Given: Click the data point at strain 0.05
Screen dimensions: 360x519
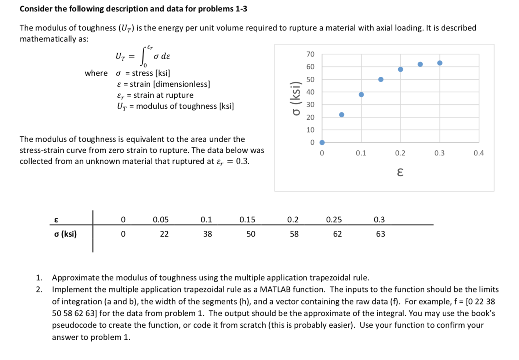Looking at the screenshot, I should [x=342, y=115].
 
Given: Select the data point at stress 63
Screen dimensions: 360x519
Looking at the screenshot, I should [x=440, y=63].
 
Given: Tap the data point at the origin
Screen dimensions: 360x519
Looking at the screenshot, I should [x=322, y=143].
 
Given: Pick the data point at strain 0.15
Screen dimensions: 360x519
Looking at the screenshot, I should [x=381, y=80].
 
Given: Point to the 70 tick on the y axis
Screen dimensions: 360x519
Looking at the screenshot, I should [x=311, y=54].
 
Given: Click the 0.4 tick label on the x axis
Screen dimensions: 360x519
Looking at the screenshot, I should [x=479, y=153].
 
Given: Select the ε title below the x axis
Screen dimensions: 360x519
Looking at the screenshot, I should [x=400, y=172].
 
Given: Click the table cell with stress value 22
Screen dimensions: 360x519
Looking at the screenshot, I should [x=164, y=234].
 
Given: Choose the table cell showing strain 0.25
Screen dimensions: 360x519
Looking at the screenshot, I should [x=334, y=220].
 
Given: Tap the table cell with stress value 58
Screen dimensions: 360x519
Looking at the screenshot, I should [x=294, y=234].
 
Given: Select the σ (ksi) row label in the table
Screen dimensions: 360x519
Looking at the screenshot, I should [x=65, y=234].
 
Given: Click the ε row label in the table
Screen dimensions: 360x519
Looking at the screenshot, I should [x=56, y=220].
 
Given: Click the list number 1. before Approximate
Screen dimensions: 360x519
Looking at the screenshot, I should [x=39, y=278].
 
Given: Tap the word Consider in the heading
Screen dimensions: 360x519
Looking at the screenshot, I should [x=36, y=9].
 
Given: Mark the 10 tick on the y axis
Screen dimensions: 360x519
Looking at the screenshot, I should [x=311, y=130].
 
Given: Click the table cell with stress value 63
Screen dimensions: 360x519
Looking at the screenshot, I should [x=381, y=234].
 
